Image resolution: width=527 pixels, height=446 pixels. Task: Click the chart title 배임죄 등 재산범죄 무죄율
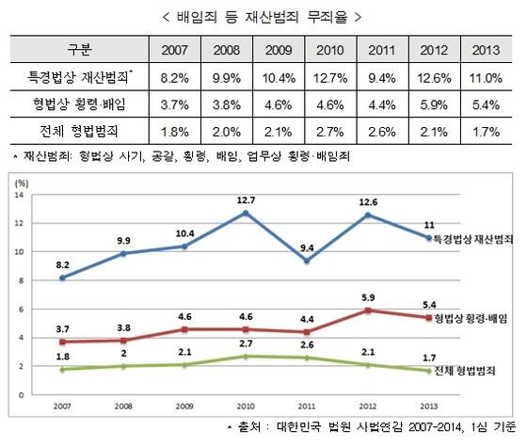tap(263, 16)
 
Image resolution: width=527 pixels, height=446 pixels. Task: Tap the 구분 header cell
tap(81, 48)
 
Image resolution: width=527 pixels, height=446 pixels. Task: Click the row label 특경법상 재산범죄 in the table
tap(79, 74)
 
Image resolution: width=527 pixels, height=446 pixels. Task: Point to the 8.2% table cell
tap(166, 74)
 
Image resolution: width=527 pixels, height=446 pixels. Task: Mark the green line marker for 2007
tap(62, 369)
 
